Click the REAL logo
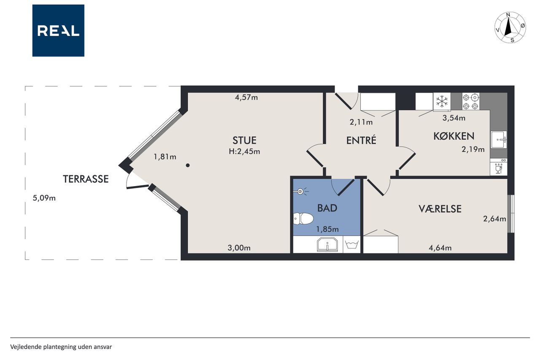point(58,31)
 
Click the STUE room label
point(244,140)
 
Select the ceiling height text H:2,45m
point(244,152)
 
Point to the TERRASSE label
point(86,179)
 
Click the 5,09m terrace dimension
point(44,198)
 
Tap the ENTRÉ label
point(361,140)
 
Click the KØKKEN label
point(454,136)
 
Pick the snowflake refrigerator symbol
point(442,102)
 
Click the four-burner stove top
point(470,102)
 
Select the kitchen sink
point(499,140)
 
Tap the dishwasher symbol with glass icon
point(499,167)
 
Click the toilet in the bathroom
point(303,219)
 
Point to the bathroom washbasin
point(327,244)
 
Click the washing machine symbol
point(351,244)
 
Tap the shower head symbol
point(301,192)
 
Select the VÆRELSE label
point(440,209)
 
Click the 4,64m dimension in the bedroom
point(440,248)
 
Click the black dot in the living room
point(188,165)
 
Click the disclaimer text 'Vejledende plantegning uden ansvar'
point(61,347)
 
